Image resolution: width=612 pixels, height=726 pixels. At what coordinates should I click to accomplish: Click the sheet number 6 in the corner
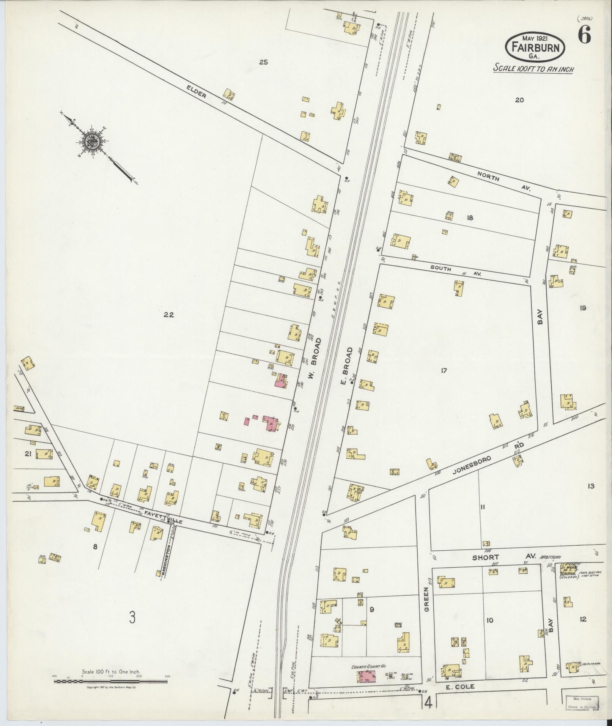[x=584, y=36]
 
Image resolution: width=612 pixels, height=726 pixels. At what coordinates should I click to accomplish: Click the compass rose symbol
[x=92, y=141]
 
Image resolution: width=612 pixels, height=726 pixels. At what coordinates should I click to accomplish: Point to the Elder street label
[x=197, y=91]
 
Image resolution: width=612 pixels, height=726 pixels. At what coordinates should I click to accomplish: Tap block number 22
[x=168, y=314]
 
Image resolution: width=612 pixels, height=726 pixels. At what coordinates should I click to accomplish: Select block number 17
[x=444, y=371]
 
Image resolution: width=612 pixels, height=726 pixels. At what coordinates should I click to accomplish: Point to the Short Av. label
[x=503, y=557]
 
